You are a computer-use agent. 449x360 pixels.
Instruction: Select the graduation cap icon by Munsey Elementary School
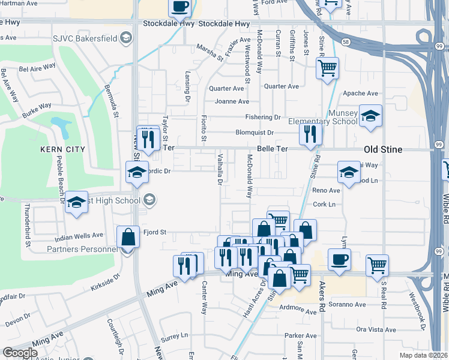point(370,116)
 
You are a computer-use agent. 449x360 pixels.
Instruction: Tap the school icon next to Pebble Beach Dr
point(76,203)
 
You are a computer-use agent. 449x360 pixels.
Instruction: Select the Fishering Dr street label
point(262,117)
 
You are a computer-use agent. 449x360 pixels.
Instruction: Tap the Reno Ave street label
point(327,190)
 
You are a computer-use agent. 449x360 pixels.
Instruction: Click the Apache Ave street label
point(360,94)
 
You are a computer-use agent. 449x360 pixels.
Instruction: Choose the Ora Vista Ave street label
point(376,329)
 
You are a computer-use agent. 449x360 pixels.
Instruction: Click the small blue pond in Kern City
point(60,126)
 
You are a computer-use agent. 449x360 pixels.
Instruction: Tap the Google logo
point(20,353)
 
